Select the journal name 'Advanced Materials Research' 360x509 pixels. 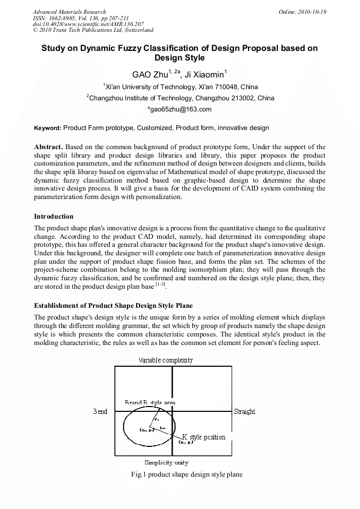tap(69, 12)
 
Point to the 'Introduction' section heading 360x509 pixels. tap(54, 217)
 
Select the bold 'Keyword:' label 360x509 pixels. tap(47, 128)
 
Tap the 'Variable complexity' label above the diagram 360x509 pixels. tap(166, 360)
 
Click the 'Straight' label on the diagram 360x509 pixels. tap(244, 411)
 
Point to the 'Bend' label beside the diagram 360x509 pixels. tap(100, 411)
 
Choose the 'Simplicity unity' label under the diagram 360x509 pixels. tap(166, 462)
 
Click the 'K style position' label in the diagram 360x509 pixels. tap(203, 437)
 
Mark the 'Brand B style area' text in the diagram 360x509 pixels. tap(150, 403)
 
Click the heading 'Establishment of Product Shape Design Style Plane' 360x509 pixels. tap(113, 306)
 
